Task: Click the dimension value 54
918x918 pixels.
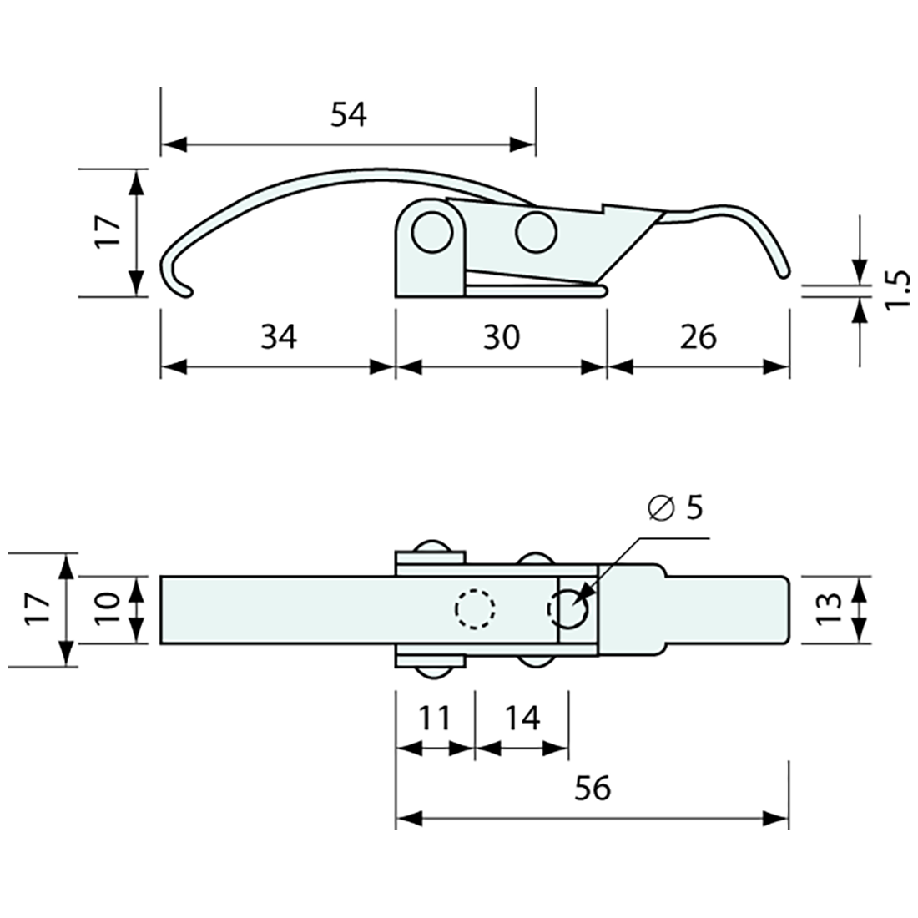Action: click(x=348, y=114)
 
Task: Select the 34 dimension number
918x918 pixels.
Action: click(x=278, y=337)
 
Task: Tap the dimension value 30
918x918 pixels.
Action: click(x=501, y=337)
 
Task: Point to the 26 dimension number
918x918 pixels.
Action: click(x=698, y=337)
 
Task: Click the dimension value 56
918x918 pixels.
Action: click(x=593, y=788)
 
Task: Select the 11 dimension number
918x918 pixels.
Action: click(x=434, y=717)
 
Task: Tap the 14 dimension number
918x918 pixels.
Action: click(x=522, y=717)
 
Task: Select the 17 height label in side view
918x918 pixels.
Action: click(x=109, y=231)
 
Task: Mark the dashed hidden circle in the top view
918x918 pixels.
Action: click(x=475, y=609)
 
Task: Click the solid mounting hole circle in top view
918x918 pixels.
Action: click(x=569, y=609)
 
